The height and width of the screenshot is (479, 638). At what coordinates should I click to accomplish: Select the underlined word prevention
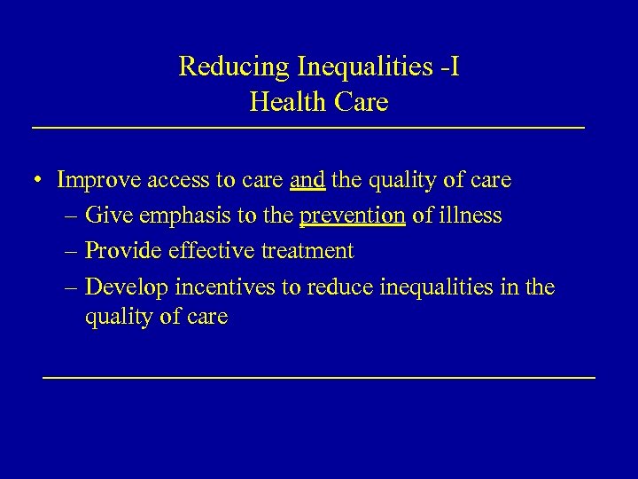[353, 216]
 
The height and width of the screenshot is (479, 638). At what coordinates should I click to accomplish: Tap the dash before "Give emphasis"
[71, 216]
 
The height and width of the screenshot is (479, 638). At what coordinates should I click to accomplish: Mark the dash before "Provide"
[71, 252]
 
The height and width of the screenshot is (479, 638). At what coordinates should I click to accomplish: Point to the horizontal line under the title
[308, 130]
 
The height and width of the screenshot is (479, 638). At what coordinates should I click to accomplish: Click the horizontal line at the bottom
[319, 378]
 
